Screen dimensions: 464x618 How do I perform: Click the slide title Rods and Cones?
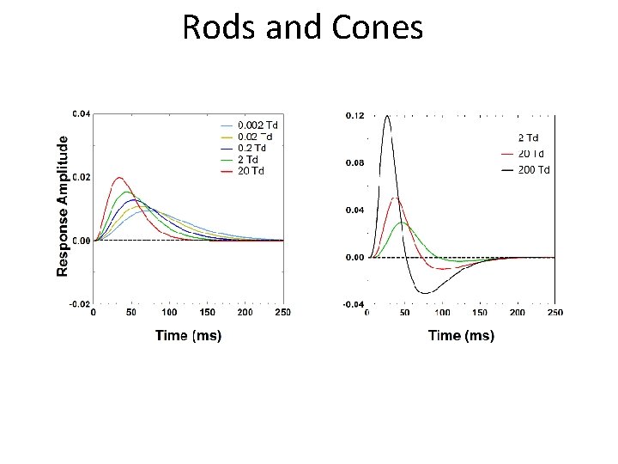pyautogui.click(x=302, y=27)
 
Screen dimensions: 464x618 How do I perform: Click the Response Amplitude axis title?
pyautogui.click(x=63, y=204)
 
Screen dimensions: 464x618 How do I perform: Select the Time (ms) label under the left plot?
pyautogui.click(x=189, y=335)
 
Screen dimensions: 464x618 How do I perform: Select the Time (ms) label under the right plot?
pyautogui.click(x=461, y=336)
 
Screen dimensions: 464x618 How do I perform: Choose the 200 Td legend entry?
pyautogui.click(x=532, y=170)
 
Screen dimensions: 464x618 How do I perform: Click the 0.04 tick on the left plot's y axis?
pyautogui.click(x=82, y=113)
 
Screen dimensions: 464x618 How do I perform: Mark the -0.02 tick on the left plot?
pyautogui.click(x=81, y=304)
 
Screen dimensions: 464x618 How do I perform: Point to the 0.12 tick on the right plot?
pyautogui.click(x=354, y=115)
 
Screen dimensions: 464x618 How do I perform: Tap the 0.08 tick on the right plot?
pyautogui.click(x=354, y=162)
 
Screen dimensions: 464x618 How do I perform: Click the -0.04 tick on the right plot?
pyautogui.click(x=354, y=304)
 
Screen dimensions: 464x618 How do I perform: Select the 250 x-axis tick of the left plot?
pyautogui.click(x=282, y=313)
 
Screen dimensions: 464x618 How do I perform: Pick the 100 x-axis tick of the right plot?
pyautogui.click(x=442, y=313)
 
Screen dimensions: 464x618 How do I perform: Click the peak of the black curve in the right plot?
pyautogui.click(x=388, y=116)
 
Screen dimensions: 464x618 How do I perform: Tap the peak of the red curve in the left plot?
pyautogui.click(x=120, y=178)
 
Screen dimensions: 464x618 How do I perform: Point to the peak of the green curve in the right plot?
pyautogui.click(x=402, y=223)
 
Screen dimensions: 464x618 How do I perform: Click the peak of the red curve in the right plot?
pyautogui.click(x=395, y=198)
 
